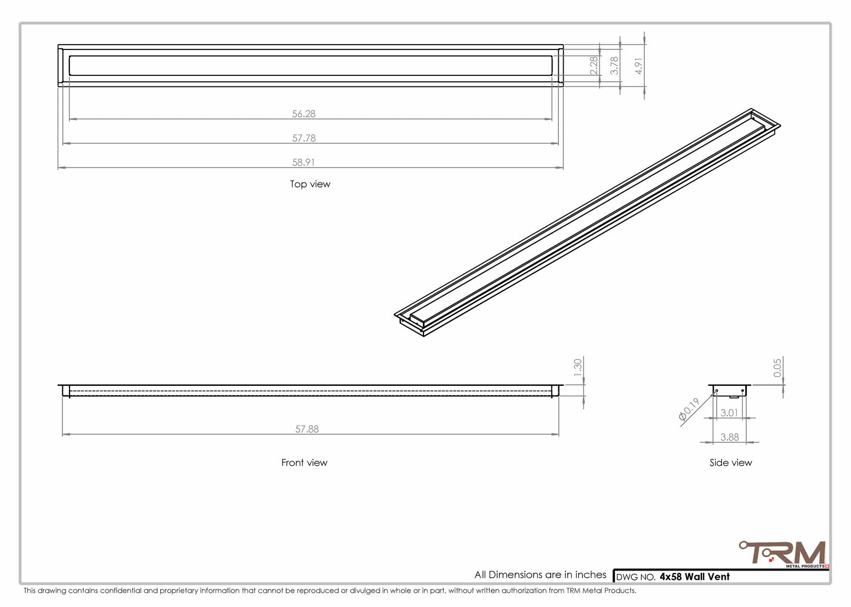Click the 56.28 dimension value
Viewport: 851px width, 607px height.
pos(304,114)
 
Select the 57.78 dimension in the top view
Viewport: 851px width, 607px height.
pos(304,138)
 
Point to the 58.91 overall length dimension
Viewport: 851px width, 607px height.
pos(304,162)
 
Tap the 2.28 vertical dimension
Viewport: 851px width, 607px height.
pos(594,65)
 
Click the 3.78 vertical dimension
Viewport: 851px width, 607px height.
pos(614,65)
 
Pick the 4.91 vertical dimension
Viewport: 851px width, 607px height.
pos(639,66)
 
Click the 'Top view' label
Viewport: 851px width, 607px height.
pos(310,184)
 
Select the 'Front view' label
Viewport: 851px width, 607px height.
pos(304,463)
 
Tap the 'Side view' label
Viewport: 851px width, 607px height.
pos(730,463)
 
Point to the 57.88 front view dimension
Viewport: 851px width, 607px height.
pos(307,429)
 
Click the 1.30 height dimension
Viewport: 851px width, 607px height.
pos(578,368)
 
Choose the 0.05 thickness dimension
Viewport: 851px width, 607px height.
pos(777,368)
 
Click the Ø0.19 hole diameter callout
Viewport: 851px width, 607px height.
pos(689,409)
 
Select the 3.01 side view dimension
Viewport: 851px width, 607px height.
pos(729,413)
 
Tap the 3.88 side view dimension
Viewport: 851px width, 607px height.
pos(729,437)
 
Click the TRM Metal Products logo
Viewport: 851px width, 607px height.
pos(784,555)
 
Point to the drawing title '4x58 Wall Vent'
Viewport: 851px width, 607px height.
pos(694,577)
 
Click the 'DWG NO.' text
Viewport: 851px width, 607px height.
pos(635,578)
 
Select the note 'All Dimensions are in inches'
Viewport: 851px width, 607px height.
pos(540,575)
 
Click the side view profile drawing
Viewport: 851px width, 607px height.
pos(729,391)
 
